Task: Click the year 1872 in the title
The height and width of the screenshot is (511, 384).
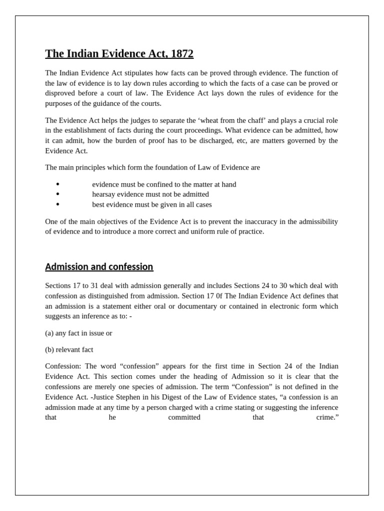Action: point(180,54)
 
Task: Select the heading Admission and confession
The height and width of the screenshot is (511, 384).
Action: point(99,267)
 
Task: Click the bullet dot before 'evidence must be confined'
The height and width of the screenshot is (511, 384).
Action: point(58,184)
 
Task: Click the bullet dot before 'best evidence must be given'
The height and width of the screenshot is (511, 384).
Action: point(58,205)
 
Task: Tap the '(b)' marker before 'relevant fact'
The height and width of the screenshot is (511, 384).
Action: point(49,349)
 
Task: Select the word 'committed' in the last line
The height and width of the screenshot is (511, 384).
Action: point(184,417)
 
